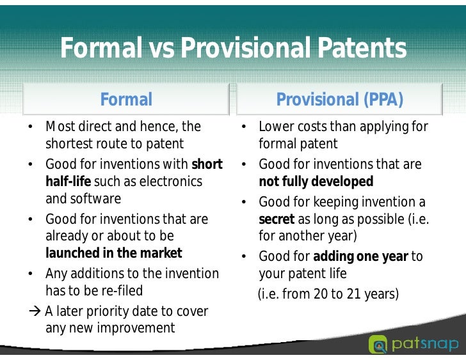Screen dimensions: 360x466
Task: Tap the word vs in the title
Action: (163, 49)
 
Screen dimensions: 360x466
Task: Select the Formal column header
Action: (126, 100)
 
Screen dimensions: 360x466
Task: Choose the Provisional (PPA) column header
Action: (339, 100)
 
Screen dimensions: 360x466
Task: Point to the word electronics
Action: (170, 182)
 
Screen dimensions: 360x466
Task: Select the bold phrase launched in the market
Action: (113, 253)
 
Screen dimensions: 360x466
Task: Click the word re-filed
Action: (120, 290)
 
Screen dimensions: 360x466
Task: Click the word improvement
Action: (136, 328)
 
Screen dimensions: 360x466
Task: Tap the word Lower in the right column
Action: (276, 127)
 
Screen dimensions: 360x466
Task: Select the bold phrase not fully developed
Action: (316, 182)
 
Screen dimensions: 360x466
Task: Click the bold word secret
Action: (276, 219)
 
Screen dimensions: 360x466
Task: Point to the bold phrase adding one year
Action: (360, 257)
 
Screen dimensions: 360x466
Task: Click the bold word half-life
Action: (68, 182)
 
